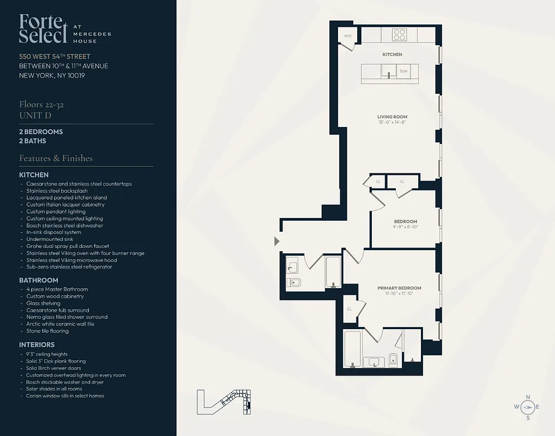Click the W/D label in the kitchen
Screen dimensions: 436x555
coord(347,36)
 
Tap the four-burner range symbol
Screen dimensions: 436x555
coord(400,35)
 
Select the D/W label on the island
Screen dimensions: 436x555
coord(403,71)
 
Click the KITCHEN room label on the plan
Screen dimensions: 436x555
coord(392,55)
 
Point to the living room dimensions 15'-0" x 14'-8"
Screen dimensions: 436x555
coord(392,123)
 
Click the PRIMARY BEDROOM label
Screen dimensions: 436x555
coord(399,288)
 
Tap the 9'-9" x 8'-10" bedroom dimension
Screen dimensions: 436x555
coord(405,227)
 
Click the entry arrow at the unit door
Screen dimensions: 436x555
coord(277,241)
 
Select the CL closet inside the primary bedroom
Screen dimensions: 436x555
coord(349,308)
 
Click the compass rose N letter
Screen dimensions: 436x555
coord(527,397)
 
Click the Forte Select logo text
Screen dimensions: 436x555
coord(44,28)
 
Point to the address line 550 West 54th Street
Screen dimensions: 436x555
coord(55,57)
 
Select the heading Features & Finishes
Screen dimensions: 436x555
coord(56,159)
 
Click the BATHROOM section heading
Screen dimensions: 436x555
coord(39,280)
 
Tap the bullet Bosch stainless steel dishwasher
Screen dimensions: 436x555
coord(64,226)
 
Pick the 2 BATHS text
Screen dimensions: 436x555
coord(33,141)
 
